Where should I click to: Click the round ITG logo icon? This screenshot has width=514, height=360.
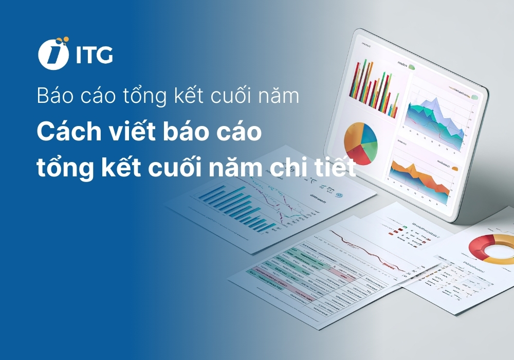(53, 53)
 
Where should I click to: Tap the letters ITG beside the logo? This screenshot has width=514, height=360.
(94, 55)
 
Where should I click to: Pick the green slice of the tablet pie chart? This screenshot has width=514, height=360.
(371, 149)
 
